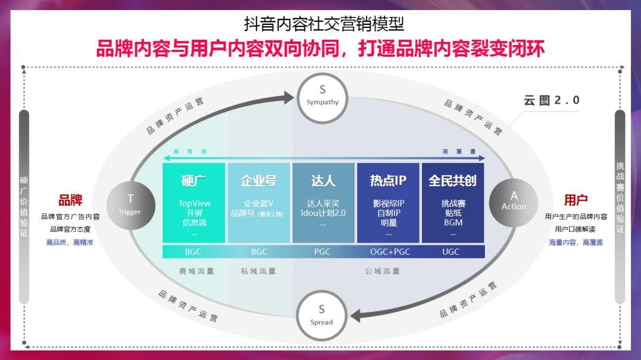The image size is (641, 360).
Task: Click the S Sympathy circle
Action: coord(322,95)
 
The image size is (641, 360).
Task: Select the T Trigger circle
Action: coord(131,205)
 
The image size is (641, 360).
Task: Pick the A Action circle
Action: coord(513,201)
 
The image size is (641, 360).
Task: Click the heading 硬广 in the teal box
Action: coord(193,180)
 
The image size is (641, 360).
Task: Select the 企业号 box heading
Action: coord(258,180)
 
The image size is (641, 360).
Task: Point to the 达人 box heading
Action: coord(323,180)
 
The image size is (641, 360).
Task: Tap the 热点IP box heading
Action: coord(388,180)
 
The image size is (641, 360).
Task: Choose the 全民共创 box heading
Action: coord(452,180)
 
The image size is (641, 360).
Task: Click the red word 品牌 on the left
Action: coord(70,200)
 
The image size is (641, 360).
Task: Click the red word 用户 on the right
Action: coord(575,200)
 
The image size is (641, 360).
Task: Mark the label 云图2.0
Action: coord(551,100)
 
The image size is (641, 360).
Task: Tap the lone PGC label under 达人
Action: coord(322,252)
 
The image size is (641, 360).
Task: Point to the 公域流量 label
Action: coord(382,271)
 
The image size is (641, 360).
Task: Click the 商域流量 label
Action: coord(196,271)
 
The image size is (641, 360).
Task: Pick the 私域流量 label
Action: coord(258,271)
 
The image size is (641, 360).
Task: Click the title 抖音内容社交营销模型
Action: coord(324,24)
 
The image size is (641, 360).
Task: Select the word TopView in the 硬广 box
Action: coord(195,203)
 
